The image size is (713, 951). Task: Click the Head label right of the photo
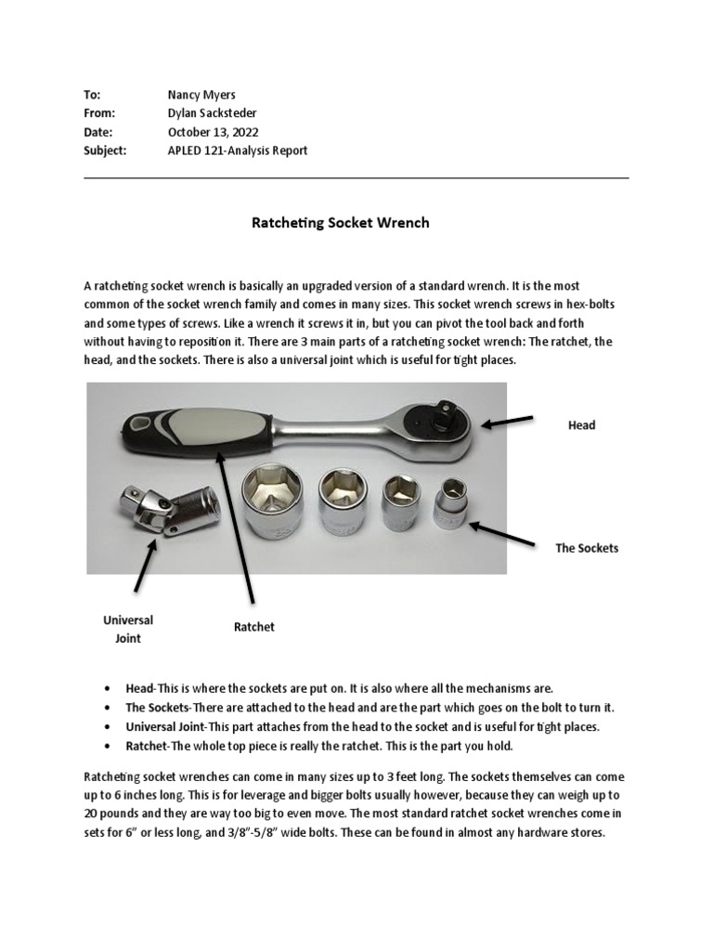click(x=581, y=424)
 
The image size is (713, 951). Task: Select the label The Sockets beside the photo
click(x=587, y=548)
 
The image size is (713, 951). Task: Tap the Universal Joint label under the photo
click(x=128, y=629)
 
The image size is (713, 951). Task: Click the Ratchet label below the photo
click(x=254, y=627)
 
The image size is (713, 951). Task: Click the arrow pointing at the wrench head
click(x=508, y=423)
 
